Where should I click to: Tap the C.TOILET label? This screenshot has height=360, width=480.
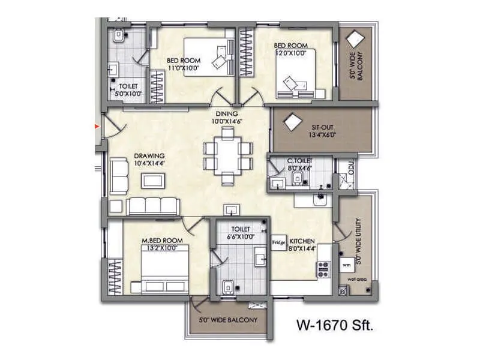pos(299,161)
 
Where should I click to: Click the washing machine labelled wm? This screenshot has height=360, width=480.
pos(347,263)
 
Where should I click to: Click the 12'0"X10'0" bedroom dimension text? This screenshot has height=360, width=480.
pos(290,53)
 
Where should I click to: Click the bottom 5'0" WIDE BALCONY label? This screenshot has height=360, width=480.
pos(227,320)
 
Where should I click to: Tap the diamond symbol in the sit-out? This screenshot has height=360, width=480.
pos(292,122)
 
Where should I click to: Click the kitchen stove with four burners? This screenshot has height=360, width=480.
pos(323,270)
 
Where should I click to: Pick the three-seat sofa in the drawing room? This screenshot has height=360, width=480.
pos(153,206)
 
